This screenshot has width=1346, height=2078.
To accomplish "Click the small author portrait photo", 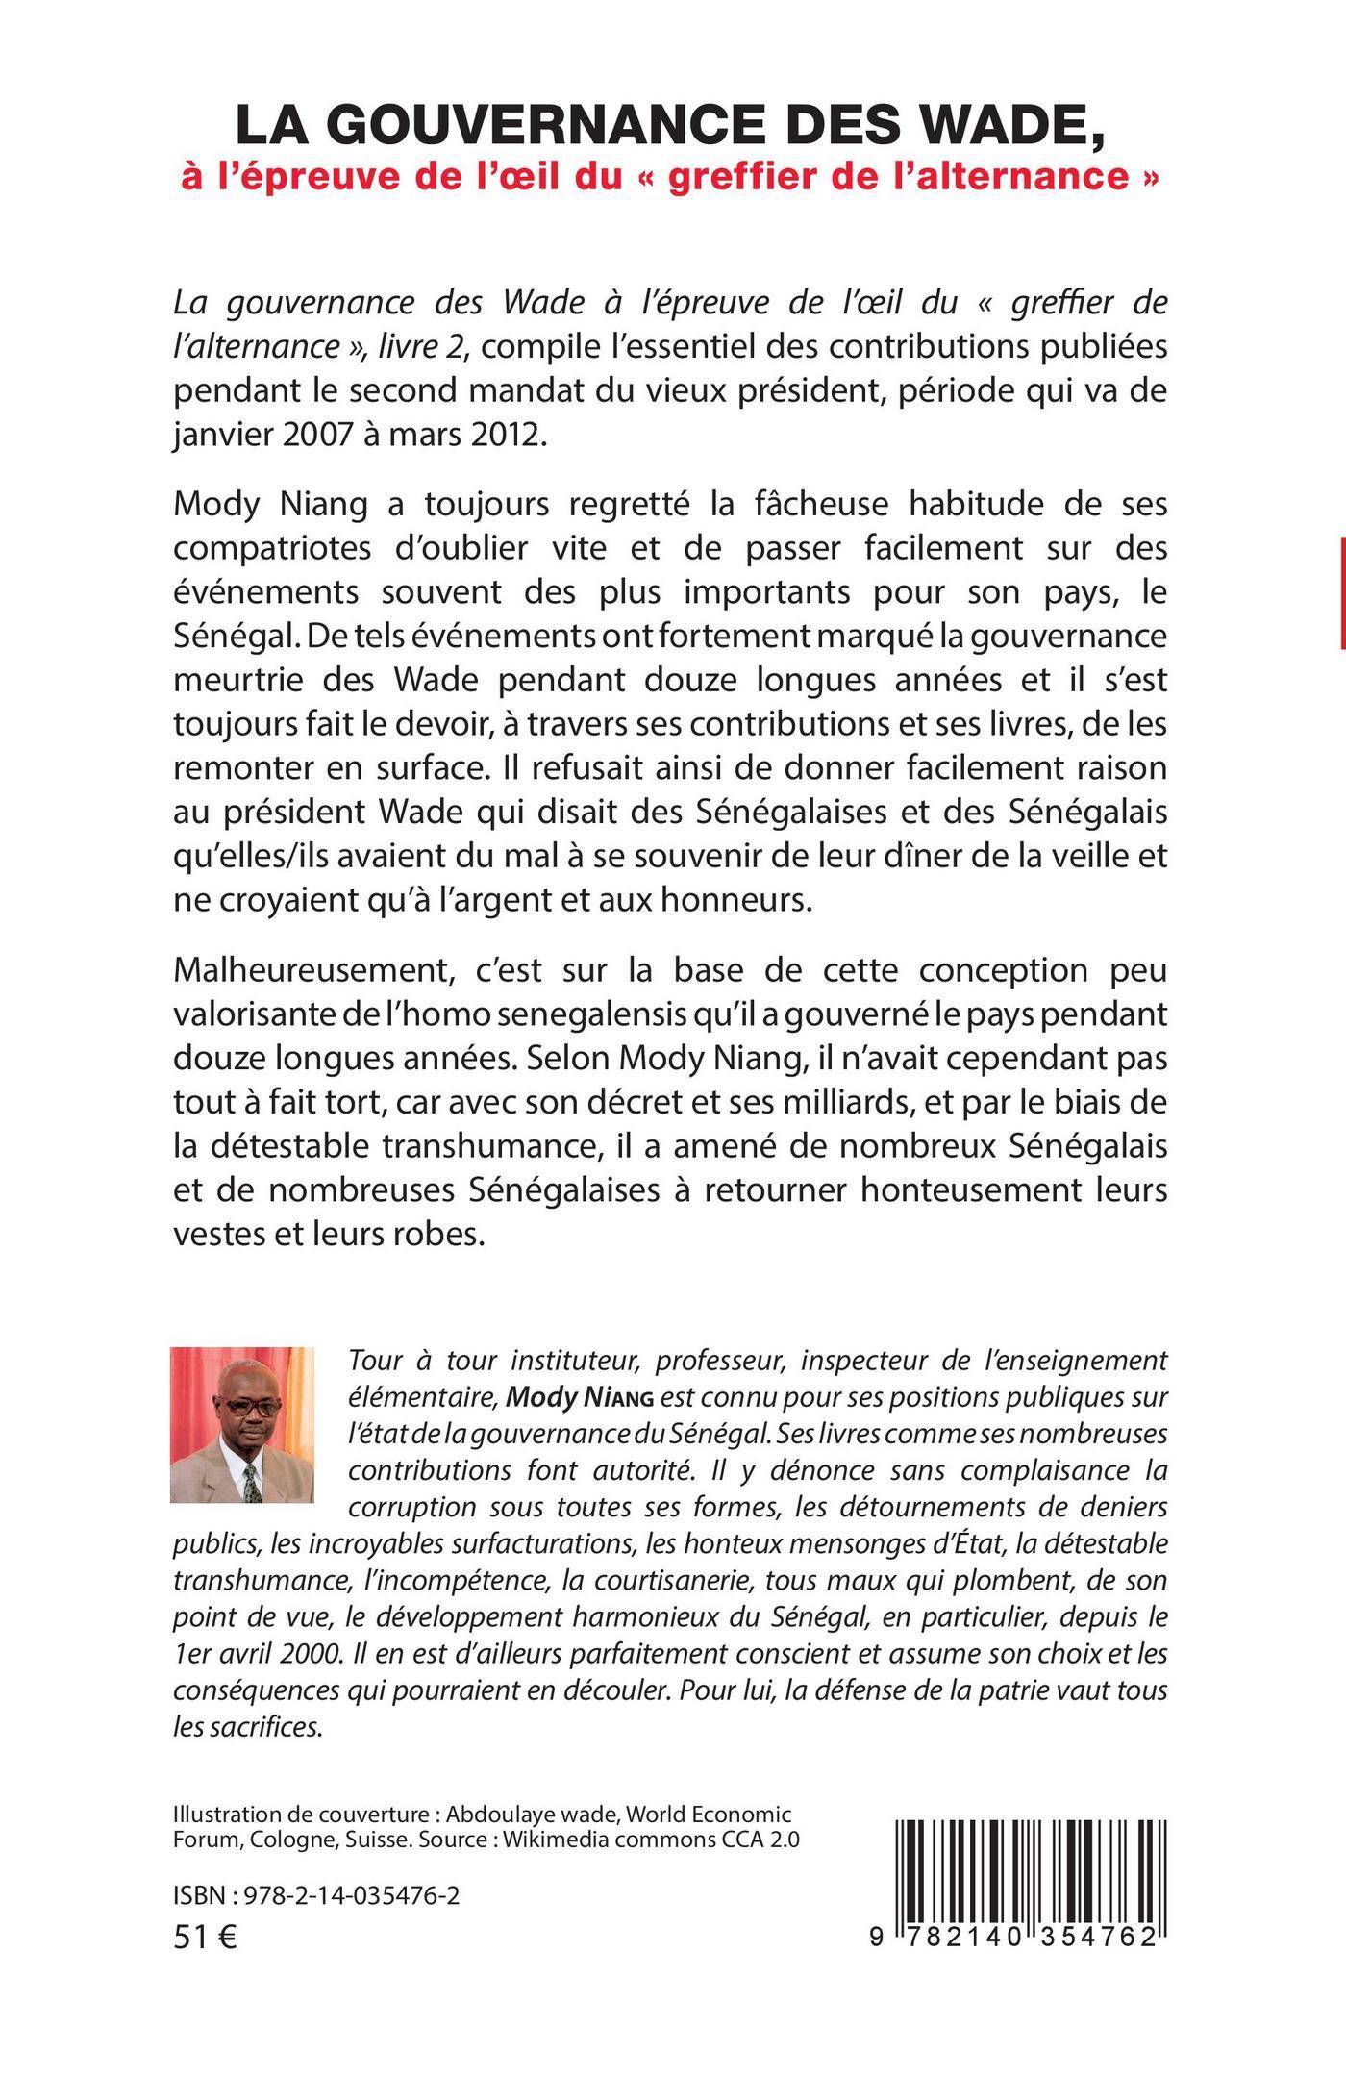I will (241, 1425).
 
